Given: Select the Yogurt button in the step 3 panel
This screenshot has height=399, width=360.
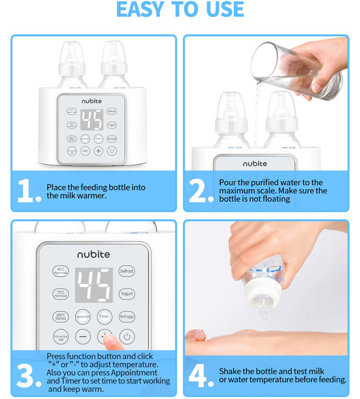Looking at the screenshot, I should [x=127, y=294].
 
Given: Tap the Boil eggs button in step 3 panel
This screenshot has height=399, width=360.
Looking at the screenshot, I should [x=127, y=316].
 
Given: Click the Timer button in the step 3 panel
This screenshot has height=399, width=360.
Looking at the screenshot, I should [x=104, y=316].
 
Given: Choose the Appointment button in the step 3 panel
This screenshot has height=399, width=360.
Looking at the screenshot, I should [x=83, y=316].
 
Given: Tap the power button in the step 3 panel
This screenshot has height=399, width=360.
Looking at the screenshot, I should [x=127, y=336].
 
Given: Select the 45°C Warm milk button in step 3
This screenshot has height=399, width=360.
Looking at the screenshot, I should [x=60, y=271].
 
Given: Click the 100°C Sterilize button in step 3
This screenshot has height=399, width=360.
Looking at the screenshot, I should [x=60, y=316].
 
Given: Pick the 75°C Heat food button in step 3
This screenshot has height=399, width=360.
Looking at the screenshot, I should [x=60, y=294].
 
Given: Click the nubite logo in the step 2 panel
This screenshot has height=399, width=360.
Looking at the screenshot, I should [x=254, y=163].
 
